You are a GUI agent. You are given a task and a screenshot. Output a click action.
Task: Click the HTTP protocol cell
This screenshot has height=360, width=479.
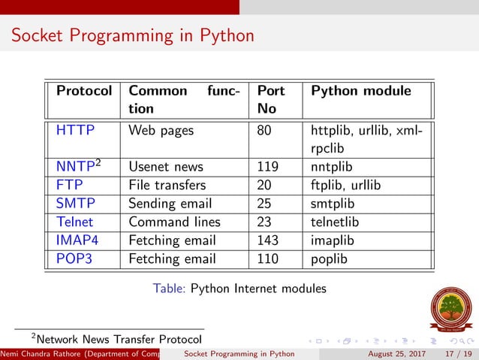point(75,130)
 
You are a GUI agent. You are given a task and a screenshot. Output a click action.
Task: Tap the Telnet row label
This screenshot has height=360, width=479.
point(76,222)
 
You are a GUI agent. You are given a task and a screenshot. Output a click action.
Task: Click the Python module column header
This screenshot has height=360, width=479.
point(361,91)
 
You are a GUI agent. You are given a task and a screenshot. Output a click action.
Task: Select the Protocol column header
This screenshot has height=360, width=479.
point(84,91)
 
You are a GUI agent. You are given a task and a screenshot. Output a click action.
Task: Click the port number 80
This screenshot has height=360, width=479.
point(264,130)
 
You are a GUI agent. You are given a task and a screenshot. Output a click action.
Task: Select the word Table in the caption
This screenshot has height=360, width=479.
point(169,288)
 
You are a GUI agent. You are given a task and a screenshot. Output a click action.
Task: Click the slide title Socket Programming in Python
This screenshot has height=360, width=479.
point(133,35)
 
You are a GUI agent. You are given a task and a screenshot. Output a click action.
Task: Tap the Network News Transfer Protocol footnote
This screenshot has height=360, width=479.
point(121,338)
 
